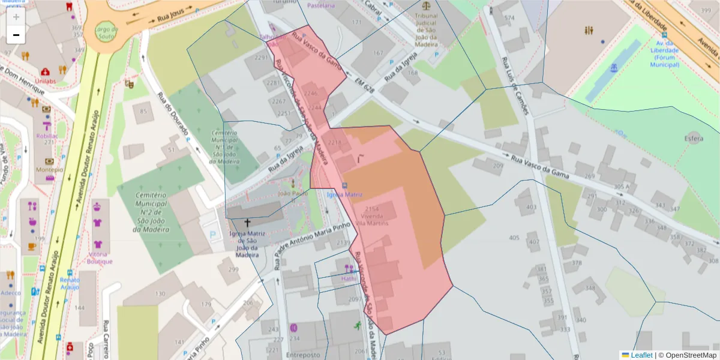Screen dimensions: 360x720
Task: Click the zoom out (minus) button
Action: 16,35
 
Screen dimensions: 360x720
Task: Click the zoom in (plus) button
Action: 16,17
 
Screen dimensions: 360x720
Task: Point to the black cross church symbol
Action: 247,223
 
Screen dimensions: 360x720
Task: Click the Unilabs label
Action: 45,79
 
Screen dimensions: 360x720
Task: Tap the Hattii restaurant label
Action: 349,278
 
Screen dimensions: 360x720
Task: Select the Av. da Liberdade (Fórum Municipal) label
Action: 665,54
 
